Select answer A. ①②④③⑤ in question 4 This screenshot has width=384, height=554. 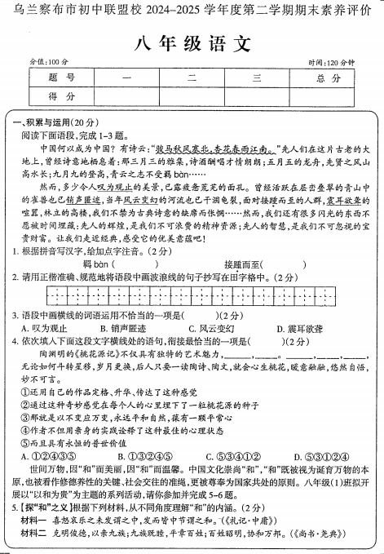tap(50, 456)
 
